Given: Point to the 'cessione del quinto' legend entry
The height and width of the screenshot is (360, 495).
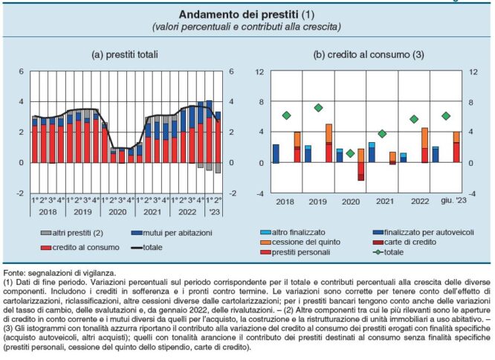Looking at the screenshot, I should pyautogui.click(x=325, y=242).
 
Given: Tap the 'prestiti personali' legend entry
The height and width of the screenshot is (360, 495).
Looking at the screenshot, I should pyautogui.click(x=324, y=253).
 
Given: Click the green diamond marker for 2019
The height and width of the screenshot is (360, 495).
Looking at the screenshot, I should pyautogui.click(x=318, y=108).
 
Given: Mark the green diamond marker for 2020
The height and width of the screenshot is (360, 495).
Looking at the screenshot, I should pyautogui.click(x=350, y=152).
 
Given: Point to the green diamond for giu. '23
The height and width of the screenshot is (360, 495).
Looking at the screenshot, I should pyautogui.click(x=446, y=116).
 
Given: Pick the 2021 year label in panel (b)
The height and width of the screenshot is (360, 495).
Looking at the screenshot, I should pyautogui.click(x=383, y=202).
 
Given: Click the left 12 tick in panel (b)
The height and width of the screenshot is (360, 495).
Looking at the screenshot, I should pyautogui.click(x=260, y=72).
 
